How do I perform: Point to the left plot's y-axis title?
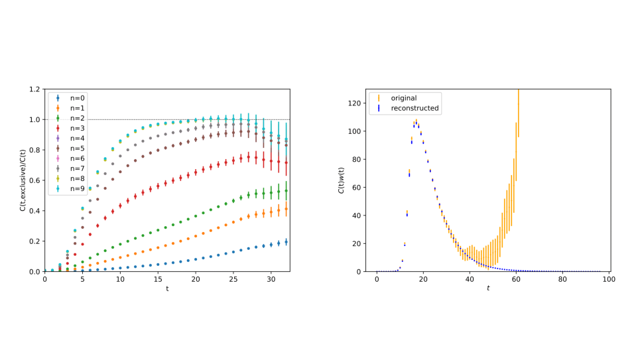[23, 180]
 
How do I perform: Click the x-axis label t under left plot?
[167, 289]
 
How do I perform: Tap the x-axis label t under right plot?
[488, 289]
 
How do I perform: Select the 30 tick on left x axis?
[271, 280]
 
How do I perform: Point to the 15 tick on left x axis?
[158, 280]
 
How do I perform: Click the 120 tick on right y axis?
[354, 103]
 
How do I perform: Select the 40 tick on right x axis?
[470, 280]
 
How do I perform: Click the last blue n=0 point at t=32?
[286, 242]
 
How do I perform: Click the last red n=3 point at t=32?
[286, 162]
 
